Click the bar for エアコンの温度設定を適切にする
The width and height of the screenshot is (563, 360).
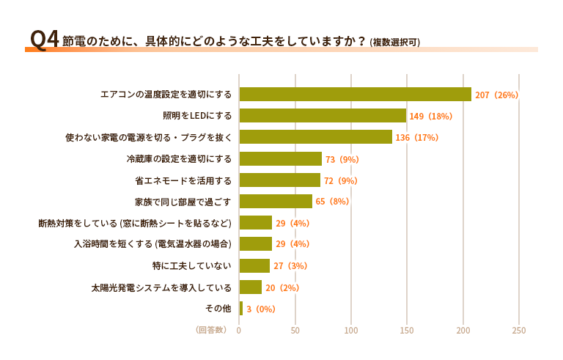(355, 94)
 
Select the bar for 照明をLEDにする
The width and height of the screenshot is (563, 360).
(323, 115)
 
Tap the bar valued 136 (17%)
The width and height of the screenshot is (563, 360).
(315, 137)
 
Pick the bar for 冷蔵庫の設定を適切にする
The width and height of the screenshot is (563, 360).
(280, 158)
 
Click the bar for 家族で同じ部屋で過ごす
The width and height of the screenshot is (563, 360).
(276, 202)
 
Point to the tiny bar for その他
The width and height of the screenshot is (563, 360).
(241, 309)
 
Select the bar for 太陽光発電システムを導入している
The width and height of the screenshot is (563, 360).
(251, 287)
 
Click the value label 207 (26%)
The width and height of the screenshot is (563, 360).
(496, 95)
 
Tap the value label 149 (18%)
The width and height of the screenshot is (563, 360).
(431, 116)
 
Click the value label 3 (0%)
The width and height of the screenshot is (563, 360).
(260, 309)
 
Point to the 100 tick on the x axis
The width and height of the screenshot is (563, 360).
(351, 330)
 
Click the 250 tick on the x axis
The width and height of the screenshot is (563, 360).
(518, 330)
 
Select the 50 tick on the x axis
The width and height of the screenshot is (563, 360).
(295, 330)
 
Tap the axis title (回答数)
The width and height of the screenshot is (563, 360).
(210, 330)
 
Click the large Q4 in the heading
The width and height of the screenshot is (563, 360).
(44, 40)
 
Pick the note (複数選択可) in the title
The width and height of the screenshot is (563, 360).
(395, 42)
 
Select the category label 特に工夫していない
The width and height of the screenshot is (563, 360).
(191, 266)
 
